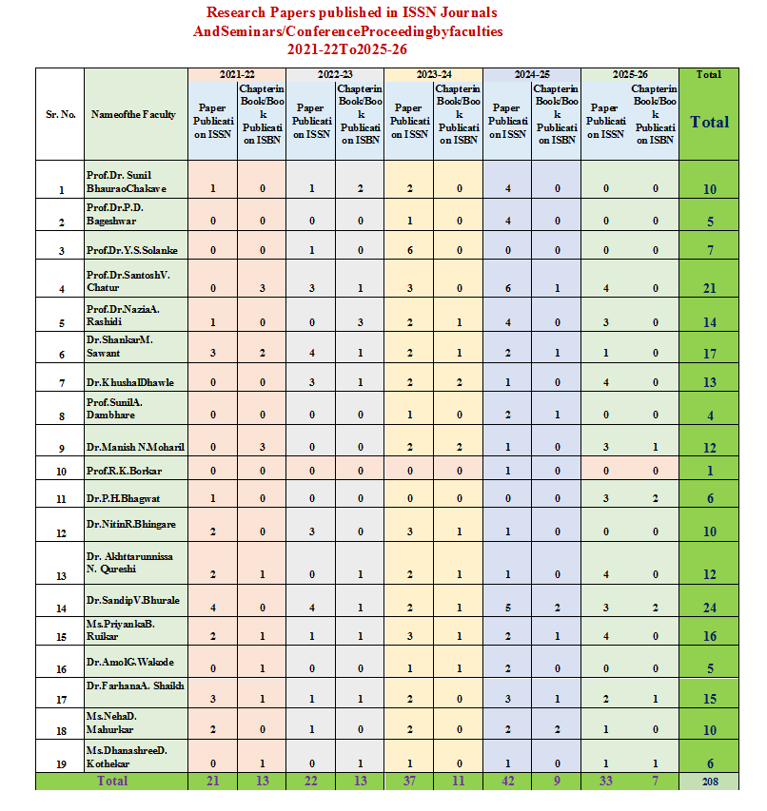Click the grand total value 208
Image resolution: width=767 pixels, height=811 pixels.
point(708,782)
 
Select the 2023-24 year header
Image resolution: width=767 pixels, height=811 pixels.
point(433,73)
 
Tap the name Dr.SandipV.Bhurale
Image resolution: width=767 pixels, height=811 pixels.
point(133,600)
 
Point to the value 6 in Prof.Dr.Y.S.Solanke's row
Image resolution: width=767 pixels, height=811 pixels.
point(408,250)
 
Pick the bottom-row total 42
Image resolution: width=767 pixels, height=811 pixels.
point(507,781)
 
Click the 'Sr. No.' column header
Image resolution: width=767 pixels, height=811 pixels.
point(61,114)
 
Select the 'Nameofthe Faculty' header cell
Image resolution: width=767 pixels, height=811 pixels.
point(133,114)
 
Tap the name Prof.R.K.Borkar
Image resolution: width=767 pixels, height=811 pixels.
point(126,470)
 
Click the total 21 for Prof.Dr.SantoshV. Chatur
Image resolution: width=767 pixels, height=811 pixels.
point(709,288)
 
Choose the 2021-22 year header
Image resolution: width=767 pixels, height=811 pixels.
point(237,73)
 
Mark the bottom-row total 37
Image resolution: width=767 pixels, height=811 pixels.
point(408,781)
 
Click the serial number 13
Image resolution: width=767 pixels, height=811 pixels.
point(61,575)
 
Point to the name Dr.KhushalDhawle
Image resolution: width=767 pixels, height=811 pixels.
point(130,382)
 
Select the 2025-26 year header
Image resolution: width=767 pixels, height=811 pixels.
point(630,73)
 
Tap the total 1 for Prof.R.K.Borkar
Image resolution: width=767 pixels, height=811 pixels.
point(709,471)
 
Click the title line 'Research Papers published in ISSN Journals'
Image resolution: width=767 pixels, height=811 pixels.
point(351,13)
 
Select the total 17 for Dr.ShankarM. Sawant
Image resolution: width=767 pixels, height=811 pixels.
point(709,354)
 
